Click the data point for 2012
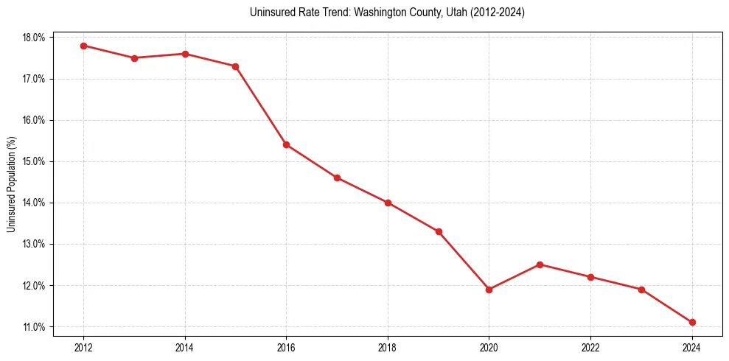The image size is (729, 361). tap(83, 46)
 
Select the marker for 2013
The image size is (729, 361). tap(134, 58)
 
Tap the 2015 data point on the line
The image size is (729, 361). tap(236, 66)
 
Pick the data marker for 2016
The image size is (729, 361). tap(286, 144)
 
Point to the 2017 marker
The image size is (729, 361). tap(337, 178)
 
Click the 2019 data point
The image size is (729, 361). tap(439, 231)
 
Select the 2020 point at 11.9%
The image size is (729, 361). tap(489, 290)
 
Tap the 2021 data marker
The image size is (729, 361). tap(540, 264)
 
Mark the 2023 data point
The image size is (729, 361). tap(641, 290)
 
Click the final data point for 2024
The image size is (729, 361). tap(692, 322)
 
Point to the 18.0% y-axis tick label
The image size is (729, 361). tap(35, 38)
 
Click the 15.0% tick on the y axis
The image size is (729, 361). tap(35, 161)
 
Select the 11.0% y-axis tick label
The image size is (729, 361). tap(35, 327)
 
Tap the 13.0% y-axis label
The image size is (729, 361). tap(35, 244)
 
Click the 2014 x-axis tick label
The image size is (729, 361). tap(185, 348)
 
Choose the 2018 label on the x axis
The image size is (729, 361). tap(388, 348)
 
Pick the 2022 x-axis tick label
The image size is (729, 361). tap(590, 348)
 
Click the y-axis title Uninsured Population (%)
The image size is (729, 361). tap(12, 184)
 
